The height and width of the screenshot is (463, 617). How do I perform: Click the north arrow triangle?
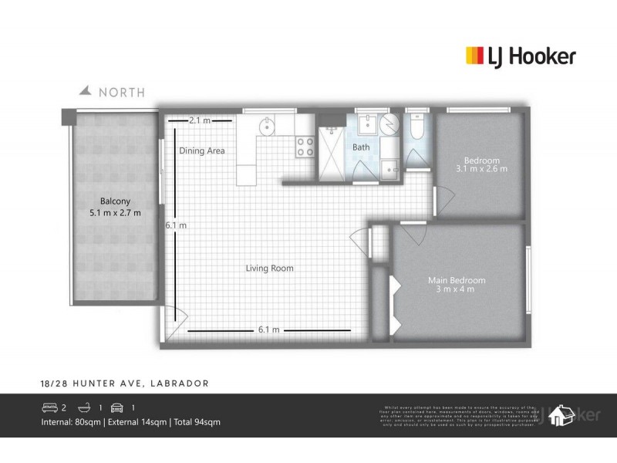coord(87,91)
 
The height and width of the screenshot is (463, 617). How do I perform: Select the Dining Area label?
coord(202,151)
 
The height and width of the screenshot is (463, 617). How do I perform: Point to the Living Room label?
coord(269,268)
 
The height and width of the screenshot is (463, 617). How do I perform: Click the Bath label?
coord(361,147)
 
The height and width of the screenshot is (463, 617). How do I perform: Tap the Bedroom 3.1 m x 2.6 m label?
coord(481,163)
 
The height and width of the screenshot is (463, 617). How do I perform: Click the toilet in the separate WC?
coord(416,128)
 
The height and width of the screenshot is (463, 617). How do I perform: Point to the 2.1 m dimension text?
coord(200,120)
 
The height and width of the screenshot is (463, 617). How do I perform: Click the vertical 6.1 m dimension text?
coord(176,225)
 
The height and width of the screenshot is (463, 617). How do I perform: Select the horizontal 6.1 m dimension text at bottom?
coord(268,330)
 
